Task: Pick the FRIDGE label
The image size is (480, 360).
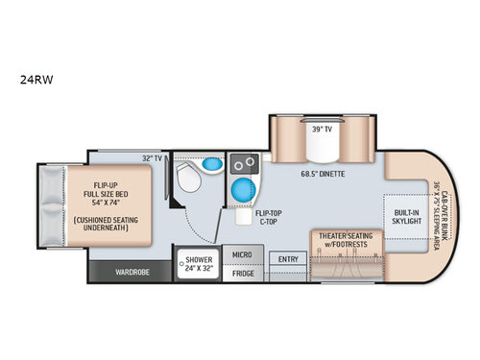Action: pyautogui.click(x=242, y=274)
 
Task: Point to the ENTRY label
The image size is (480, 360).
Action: pyautogui.click(x=287, y=258)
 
